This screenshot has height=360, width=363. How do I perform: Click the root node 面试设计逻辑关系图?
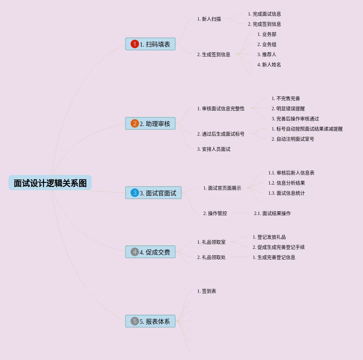pyautogui.click(x=50, y=183)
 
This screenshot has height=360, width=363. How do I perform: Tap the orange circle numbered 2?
pyautogui.click(x=135, y=123)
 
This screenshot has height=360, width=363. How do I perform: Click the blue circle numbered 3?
pyautogui.click(x=135, y=193)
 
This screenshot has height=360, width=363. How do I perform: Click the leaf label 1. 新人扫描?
pyautogui.click(x=209, y=19)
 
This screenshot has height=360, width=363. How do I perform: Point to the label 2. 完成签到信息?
pyautogui.click(x=264, y=24)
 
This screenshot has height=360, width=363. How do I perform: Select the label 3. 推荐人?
pyautogui.click(x=267, y=54)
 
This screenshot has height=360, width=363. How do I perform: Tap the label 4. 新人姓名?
pyautogui.click(x=269, y=65)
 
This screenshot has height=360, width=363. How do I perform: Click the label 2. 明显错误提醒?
pyautogui.click(x=288, y=109)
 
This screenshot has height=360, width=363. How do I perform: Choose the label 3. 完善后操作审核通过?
pyautogui.click(x=295, y=119)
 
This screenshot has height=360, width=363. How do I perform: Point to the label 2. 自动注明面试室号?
pyautogui.click(x=293, y=139)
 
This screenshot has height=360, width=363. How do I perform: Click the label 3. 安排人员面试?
pyautogui.click(x=213, y=149)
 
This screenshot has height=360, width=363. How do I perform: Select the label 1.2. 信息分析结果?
pyautogui.click(x=287, y=183)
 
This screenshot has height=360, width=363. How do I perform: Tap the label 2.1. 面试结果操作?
pyautogui.click(x=272, y=213)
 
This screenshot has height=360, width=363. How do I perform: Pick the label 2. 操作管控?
pyautogui.click(x=215, y=213)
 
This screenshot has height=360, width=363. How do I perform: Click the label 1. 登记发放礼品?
pyautogui.click(x=269, y=237)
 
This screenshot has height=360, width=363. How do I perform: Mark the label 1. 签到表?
pyautogui.click(x=206, y=291)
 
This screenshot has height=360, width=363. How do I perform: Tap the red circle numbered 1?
pyautogui.click(x=135, y=44)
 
